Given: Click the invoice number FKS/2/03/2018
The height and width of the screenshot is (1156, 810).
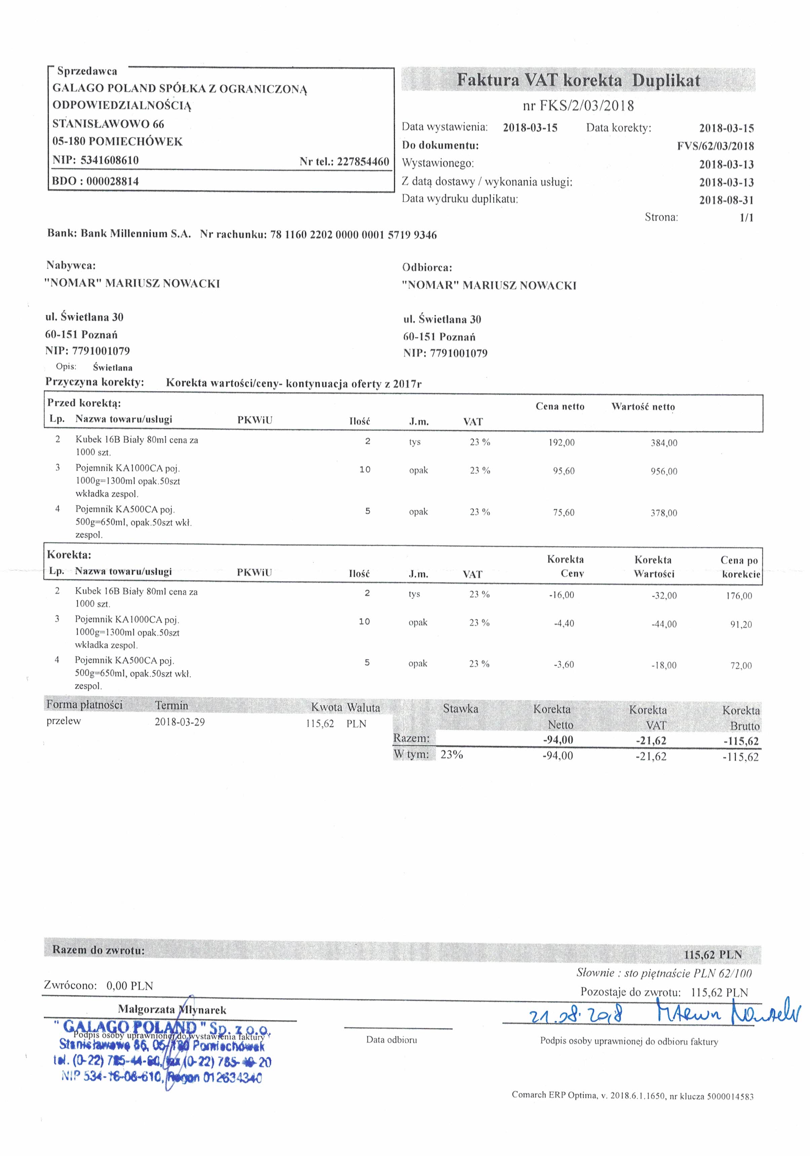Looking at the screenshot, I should [x=586, y=106].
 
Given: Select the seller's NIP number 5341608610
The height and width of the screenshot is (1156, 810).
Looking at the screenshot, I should [x=109, y=160].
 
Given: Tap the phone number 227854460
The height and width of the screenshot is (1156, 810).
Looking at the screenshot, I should [x=363, y=162].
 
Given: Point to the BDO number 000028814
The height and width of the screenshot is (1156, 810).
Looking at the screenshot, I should [x=112, y=181].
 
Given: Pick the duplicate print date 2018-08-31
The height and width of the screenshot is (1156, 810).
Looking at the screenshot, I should [x=726, y=200].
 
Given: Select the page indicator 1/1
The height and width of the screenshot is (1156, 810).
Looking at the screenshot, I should [x=746, y=218].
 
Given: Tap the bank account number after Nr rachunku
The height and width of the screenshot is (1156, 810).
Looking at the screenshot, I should [x=353, y=235].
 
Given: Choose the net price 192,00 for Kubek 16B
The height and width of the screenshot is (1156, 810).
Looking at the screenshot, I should [x=561, y=443].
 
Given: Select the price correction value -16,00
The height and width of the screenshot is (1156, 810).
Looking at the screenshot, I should [x=561, y=595].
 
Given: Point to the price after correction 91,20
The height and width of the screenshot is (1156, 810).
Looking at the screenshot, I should [x=741, y=624].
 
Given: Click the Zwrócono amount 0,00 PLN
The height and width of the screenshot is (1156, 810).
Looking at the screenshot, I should [x=129, y=985].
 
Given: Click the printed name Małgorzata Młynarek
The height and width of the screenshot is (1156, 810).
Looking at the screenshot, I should [x=172, y=1009].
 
